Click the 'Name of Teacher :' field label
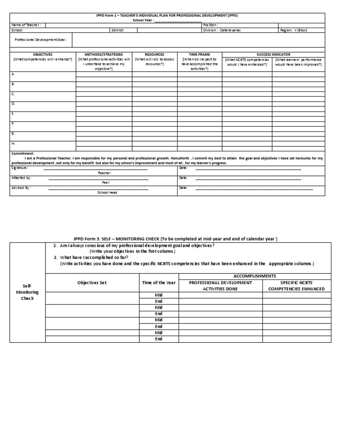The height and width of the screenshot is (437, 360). click(26, 25)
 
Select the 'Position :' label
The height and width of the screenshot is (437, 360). click(210, 25)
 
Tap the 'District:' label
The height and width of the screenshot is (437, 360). click(117, 30)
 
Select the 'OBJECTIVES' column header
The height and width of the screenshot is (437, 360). click(43, 54)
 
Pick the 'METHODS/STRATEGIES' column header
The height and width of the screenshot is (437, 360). click(104, 54)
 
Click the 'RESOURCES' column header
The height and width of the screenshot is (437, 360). click(154, 54)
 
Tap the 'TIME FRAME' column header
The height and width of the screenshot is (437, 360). click(199, 54)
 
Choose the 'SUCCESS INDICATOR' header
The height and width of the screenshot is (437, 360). click(273, 54)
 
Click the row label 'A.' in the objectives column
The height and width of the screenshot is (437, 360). click(13, 74)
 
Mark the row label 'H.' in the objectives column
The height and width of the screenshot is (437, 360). click(13, 143)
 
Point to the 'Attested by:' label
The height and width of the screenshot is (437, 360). click(21, 178)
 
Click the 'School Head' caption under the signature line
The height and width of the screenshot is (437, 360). click(107, 193)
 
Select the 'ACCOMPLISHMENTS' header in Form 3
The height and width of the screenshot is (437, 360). click(255, 276)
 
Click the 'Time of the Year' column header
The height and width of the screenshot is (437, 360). click(158, 283)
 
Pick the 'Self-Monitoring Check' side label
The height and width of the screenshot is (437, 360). click(27, 292)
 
